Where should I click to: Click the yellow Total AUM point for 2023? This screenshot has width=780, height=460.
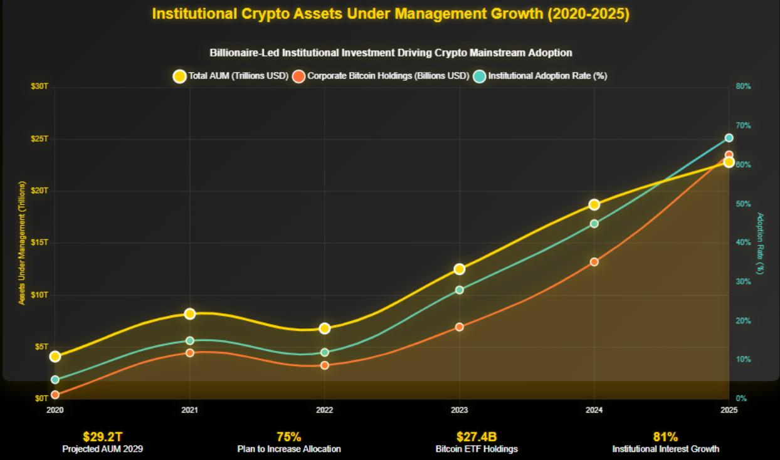coord(459,269)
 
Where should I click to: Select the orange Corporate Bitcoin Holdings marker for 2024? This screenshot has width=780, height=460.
coord(594,261)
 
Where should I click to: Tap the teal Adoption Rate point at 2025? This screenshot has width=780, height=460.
coord(729,138)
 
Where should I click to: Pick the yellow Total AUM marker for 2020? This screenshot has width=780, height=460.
coord(55,357)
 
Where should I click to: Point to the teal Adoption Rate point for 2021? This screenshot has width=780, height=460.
coord(190,341)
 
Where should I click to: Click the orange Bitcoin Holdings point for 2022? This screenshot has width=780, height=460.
coord(324,365)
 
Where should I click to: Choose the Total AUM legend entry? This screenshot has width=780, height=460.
coord(231,76)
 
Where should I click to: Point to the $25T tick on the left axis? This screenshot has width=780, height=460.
coord(40,139)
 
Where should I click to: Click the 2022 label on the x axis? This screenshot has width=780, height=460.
coord(324,410)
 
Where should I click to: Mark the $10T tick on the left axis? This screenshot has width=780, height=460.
coord(40,295)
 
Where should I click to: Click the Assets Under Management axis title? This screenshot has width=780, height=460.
coord(22,243)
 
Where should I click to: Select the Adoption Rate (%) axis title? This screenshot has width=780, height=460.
coord(761,243)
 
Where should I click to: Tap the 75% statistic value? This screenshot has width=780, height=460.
coord(289,437)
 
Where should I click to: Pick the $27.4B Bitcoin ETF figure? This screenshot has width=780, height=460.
coord(477,437)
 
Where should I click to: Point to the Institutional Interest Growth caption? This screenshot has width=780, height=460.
coord(665,449)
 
